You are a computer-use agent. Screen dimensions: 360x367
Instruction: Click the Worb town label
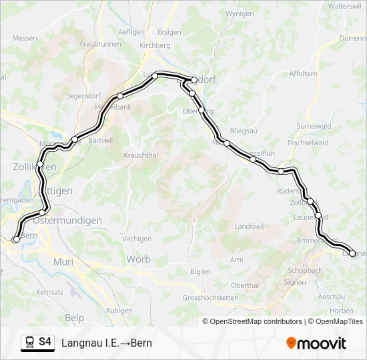(x=138, y=259)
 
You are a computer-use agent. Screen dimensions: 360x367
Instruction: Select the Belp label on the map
(x=75, y=318)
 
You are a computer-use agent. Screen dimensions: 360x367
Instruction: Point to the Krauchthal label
(x=140, y=155)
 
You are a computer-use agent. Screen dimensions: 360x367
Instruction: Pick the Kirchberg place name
(x=155, y=45)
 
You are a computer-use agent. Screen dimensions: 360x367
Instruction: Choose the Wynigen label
(x=240, y=13)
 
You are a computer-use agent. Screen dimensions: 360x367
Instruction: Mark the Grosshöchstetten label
(x=210, y=297)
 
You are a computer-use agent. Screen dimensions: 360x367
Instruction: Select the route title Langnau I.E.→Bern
(x=107, y=343)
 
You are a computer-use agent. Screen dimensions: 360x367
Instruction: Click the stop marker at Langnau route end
(x=353, y=253)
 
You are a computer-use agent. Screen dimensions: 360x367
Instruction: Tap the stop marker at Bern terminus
(x=16, y=239)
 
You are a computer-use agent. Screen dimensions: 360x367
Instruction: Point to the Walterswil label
(x=344, y=5)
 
